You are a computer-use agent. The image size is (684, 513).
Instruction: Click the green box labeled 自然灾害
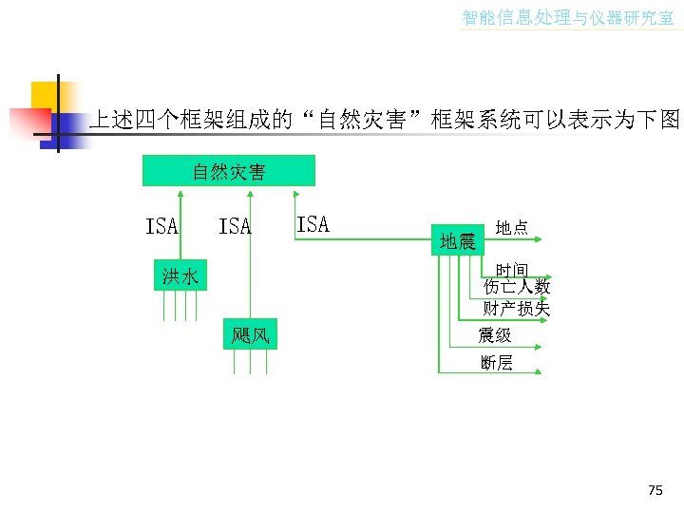(228, 172)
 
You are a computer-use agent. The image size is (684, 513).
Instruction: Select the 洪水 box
(180, 276)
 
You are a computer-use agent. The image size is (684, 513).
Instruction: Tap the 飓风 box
(250, 334)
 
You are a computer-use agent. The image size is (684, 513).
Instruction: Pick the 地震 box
(457, 241)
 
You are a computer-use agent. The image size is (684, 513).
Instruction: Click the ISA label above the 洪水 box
(161, 226)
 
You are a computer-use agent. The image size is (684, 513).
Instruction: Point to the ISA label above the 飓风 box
(235, 226)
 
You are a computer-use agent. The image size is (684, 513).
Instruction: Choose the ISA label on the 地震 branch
(313, 224)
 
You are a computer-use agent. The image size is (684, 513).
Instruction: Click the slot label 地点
(512, 228)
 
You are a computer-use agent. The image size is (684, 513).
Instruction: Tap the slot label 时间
(512, 270)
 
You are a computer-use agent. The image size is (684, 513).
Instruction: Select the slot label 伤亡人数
(516, 287)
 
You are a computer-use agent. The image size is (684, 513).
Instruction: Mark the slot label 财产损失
(516, 308)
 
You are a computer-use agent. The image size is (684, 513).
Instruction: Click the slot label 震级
(495, 334)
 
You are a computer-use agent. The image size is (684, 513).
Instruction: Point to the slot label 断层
(496, 362)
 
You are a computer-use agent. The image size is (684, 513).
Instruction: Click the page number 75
(655, 490)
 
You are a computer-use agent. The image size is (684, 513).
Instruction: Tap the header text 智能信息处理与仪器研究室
(567, 17)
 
